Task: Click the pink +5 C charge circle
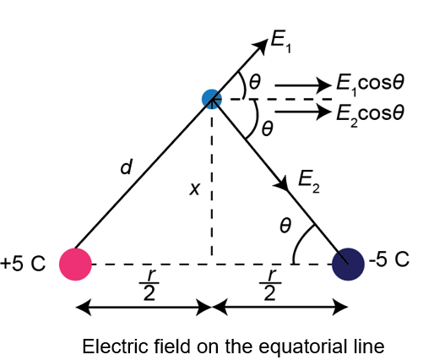pos(75,265)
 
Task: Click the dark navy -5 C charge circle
pos(348,265)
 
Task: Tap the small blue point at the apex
pos(212,99)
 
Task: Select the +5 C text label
pos(23,264)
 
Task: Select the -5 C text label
pos(389,259)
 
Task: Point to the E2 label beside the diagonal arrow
pos(309,183)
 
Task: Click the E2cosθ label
pos(371,115)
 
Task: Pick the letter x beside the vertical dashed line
pos(195,188)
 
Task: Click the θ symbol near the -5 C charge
pos(285,226)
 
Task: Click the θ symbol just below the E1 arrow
pos(255,82)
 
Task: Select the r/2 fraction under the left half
pos(149,285)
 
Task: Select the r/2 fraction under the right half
pos(269,285)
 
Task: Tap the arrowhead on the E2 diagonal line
pos(281,183)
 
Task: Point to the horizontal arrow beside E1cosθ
pos(303,85)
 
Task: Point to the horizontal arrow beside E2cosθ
pos(303,112)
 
